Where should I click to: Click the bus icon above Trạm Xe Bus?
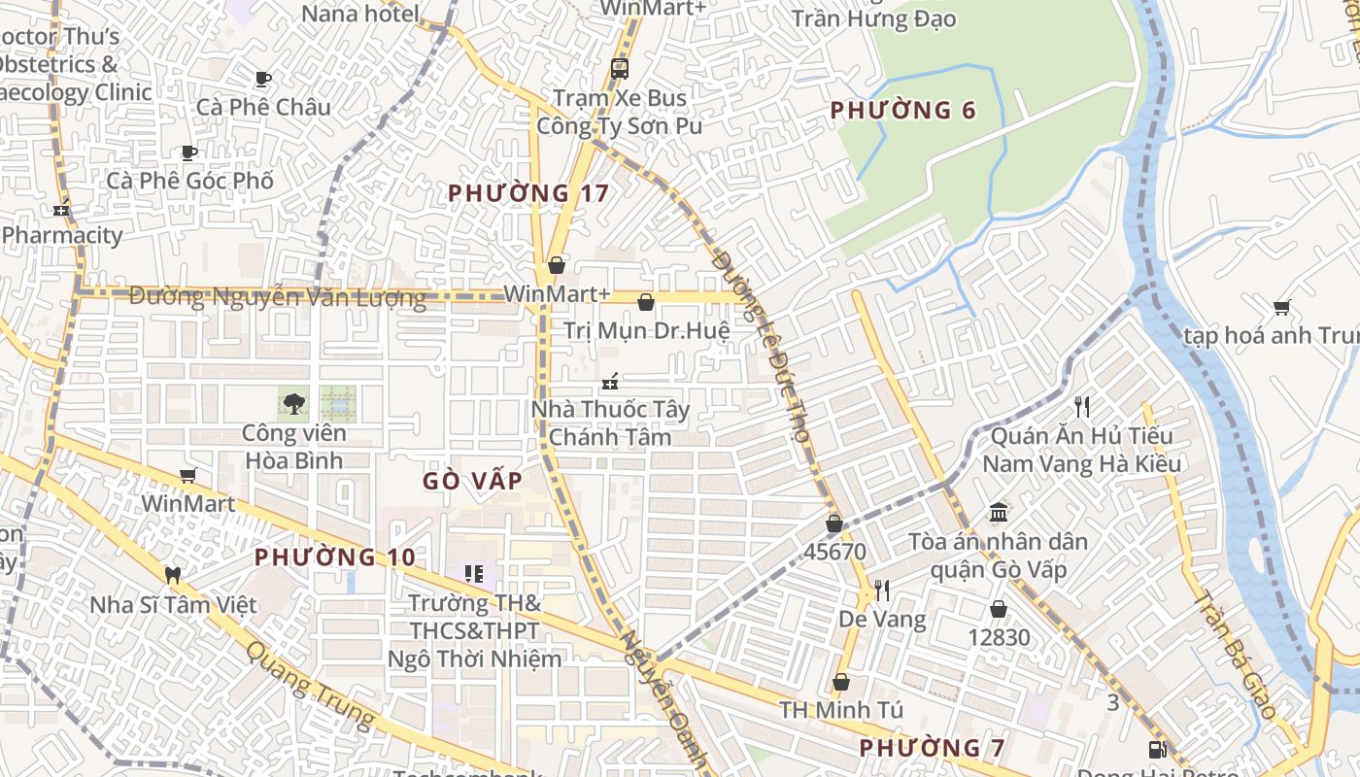(619, 69)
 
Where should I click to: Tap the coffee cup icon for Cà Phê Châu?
(262, 79)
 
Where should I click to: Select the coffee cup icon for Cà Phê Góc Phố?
(189, 152)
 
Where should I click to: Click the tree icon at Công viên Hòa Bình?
(293, 403)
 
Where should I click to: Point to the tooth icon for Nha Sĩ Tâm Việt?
(173, 575)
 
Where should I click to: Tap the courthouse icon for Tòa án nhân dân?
(998, 512)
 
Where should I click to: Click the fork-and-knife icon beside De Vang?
(882, 590)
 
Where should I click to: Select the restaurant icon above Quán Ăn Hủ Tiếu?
(1082, 406)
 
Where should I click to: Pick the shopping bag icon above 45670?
(833, 524)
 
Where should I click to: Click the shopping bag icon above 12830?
(998, 610)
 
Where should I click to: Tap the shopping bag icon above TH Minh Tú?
(841, 682)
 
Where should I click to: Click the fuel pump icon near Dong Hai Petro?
(1157, 749)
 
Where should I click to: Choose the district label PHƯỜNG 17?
(528, 193)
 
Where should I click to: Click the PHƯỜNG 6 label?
(902, 111)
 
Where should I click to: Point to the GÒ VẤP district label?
(473, 481)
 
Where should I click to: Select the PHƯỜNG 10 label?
(335, 557)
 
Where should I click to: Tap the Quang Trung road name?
(309, 685)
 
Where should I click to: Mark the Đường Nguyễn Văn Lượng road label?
(277, 297)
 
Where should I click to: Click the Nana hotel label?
(360, 14)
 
